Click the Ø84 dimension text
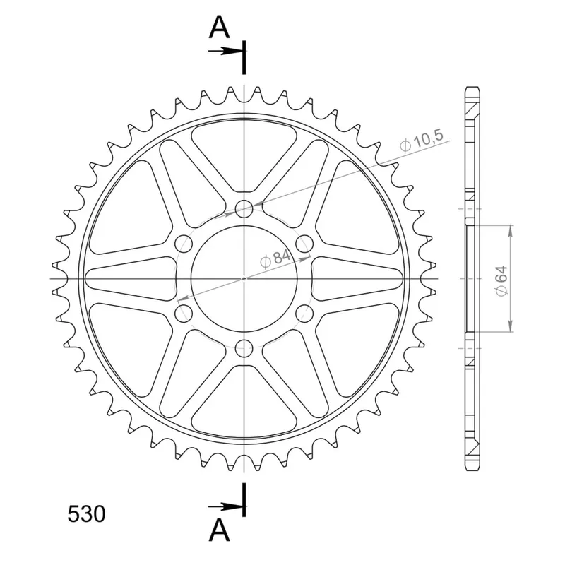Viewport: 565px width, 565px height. point(275,259)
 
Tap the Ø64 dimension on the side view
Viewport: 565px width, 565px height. point(501,281)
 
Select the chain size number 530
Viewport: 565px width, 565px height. point(86,514)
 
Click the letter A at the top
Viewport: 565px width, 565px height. point(219,28)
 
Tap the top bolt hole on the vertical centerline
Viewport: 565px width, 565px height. point(244,209)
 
